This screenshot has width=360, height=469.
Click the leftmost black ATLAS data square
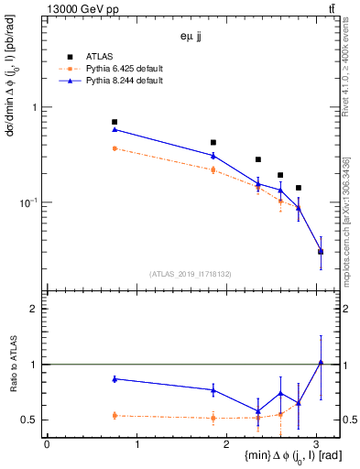tap(115, 122)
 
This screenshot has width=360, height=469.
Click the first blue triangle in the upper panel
tap(115, 129)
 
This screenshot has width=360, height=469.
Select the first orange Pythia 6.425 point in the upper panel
tap(115, 148)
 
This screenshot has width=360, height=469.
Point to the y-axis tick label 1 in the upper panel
tap(34, 107)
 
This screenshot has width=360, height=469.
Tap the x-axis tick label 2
tap(227, 444)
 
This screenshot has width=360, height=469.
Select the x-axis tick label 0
tap(47, 444)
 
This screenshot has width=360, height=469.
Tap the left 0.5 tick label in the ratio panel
tap(32, 420)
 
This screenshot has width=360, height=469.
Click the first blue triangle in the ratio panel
tap(115, 378)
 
